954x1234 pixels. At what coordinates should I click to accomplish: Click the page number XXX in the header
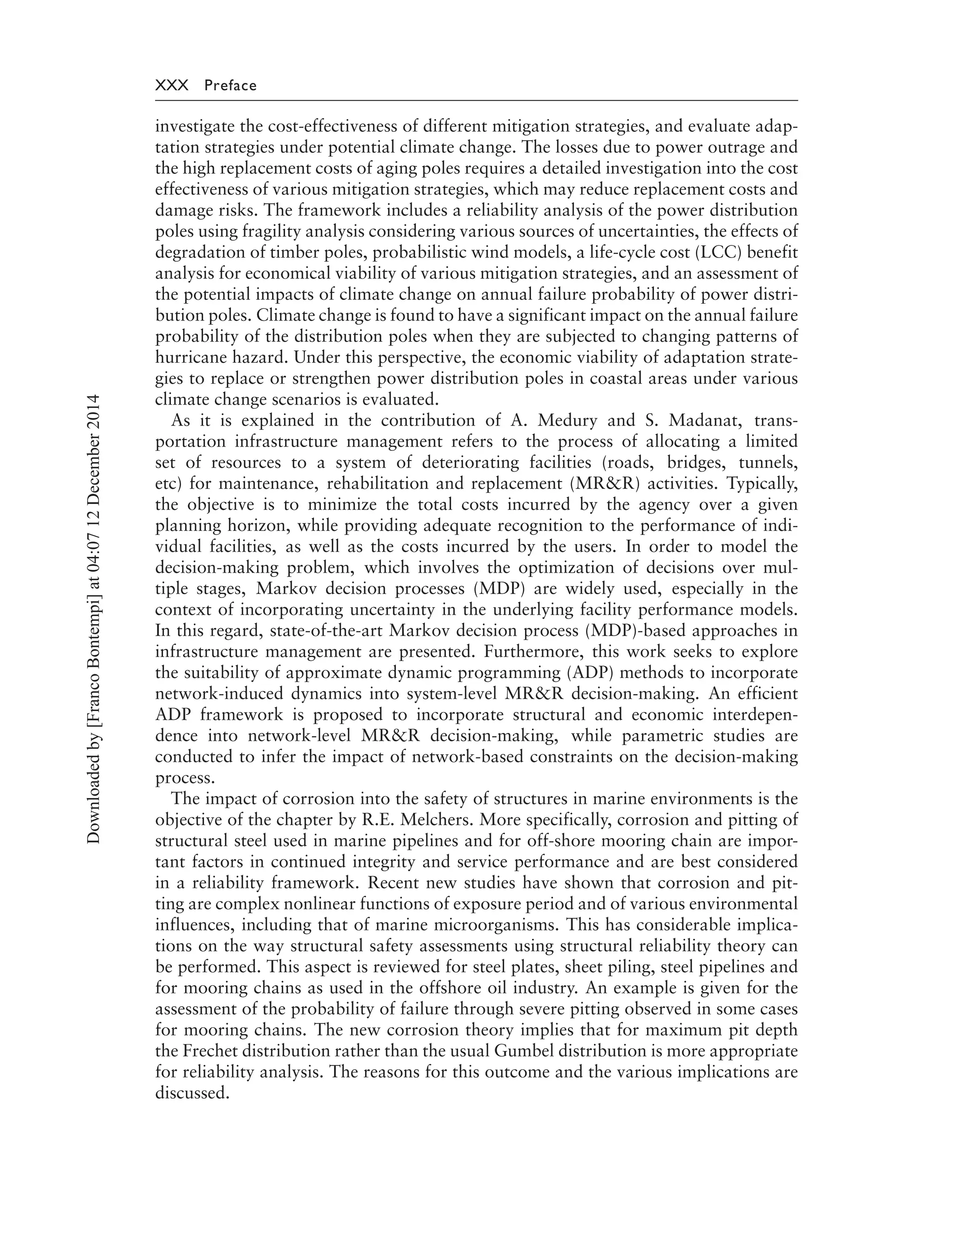pos(172,86)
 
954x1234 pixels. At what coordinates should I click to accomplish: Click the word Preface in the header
pos(231,86)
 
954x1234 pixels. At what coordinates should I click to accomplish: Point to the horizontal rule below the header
pos(477,101)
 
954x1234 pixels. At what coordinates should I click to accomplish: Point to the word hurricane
pos(189,358)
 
